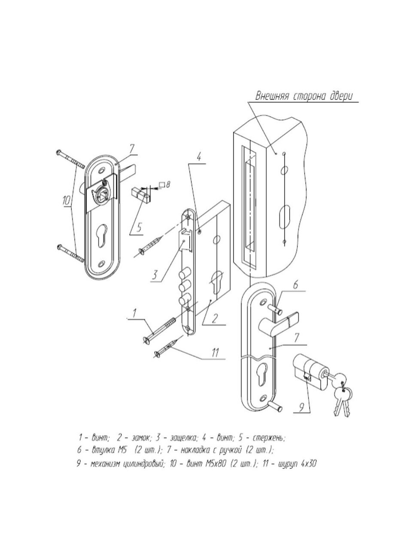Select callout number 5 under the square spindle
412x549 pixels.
(x=139, y=228)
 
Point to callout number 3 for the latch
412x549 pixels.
(x=155, y=275)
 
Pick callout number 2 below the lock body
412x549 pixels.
(x=215, y=318)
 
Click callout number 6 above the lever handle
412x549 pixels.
(x=296, y=285)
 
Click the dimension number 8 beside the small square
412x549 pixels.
(x=168, y=185)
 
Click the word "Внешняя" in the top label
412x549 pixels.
(x=273, y=97)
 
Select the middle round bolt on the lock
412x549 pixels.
(x=184, y=284)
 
